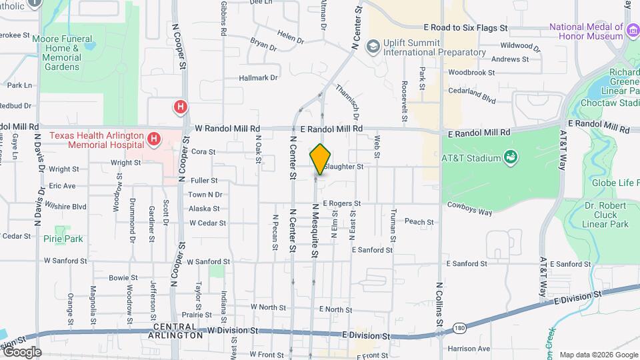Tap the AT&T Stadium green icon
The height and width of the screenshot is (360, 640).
(511, 157)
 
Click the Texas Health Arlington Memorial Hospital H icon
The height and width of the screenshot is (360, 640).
(154, 139)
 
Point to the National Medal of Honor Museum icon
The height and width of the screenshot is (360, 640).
(631, 28)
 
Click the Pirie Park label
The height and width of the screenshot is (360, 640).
(63, 239)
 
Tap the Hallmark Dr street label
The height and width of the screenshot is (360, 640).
(258, 78)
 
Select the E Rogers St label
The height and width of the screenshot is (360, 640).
(341, 203)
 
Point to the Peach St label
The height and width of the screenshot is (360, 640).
(419, 222)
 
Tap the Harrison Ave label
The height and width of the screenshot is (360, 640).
(469, 348)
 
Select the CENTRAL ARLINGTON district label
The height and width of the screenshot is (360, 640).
(177, 331)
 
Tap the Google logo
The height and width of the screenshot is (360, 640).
(21, 352)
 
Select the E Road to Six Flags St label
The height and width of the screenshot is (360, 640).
(466, 28)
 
